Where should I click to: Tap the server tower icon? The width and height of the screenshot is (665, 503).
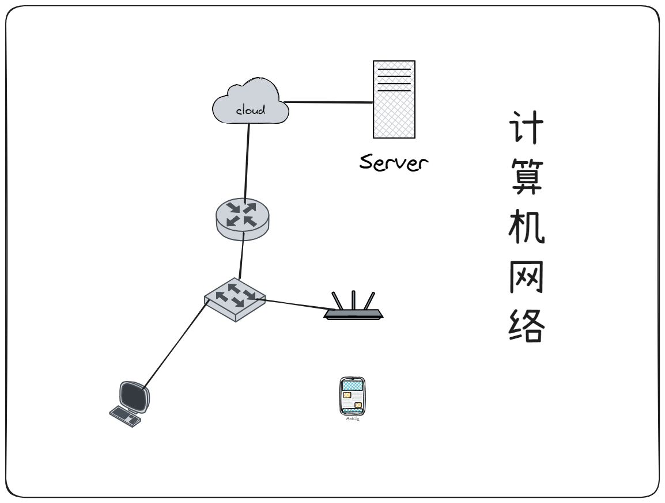[x=394, y=99]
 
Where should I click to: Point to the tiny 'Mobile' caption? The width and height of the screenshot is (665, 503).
[x=352, y=420]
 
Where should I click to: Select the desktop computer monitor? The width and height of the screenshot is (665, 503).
[x=135, y=397]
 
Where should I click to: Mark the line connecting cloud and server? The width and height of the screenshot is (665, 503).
[x=328, y=102]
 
